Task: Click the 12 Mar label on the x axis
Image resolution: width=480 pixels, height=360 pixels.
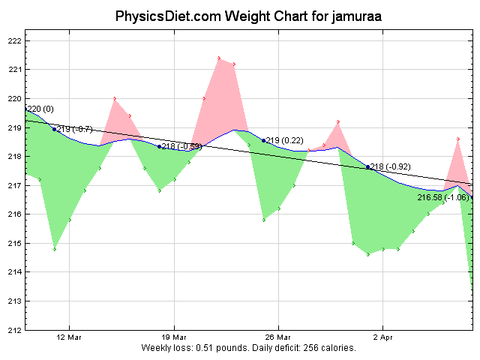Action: (70, 337)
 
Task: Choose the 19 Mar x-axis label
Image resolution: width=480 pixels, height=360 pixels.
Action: (174, 337)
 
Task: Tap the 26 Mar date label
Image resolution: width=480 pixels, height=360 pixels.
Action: (278, 337)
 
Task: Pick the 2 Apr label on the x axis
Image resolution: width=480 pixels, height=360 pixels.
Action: (382, 337)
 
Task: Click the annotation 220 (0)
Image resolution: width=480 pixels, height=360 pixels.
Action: (40, 109)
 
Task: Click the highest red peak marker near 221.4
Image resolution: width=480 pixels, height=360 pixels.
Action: (219, 58)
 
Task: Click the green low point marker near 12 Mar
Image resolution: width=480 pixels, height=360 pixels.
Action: (55, 249)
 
